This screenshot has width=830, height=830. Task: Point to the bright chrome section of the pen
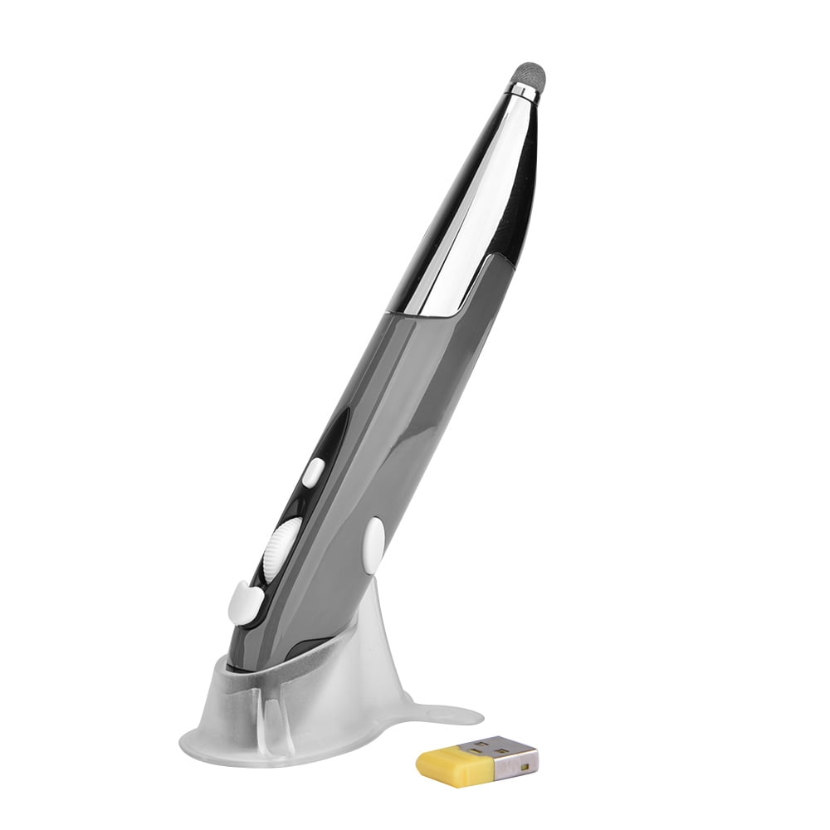[x=465, y=207]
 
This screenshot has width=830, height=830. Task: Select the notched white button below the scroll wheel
[x=244, y=602]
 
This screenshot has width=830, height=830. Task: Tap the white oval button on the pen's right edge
[x=373, y=544]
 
